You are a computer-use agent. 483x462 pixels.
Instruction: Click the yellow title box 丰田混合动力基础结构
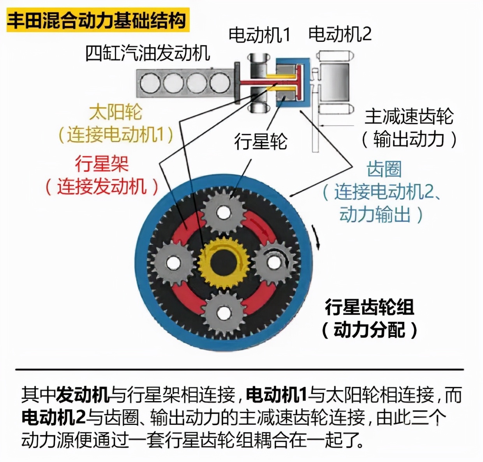(97, 20)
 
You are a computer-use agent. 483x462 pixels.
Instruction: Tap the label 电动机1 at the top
(259, 35)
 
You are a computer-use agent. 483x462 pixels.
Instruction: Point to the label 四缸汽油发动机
(148, 53)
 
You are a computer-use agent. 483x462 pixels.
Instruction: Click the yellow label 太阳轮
(116, 112)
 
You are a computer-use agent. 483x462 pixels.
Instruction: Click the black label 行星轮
(261, 141)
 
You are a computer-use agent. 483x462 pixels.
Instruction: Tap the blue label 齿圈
(384, 169)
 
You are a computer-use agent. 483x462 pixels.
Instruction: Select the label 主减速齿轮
(409, 116)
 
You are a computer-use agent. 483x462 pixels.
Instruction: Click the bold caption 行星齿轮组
(369, 307)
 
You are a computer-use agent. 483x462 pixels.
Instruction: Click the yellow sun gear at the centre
(224, 261)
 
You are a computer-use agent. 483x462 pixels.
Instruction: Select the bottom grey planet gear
(224, 313)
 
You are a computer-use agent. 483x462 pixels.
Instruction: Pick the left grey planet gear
(173, 263)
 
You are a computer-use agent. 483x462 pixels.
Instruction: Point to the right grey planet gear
(274, 262)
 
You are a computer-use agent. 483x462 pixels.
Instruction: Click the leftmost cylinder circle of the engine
(150, 83)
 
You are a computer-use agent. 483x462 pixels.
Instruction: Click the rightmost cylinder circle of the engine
(220, 83)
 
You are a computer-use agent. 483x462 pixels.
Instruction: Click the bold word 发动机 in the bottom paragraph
(83, 394)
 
